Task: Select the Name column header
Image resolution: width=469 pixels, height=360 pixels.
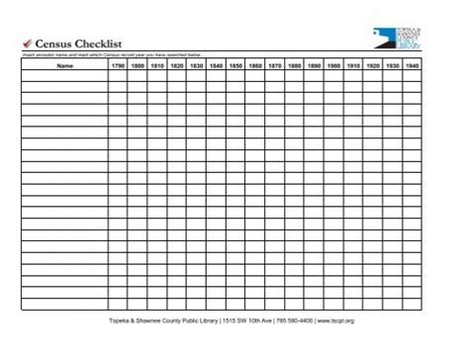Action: pyautogui.click(x=64, y=66)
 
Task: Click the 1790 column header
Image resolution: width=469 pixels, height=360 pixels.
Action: pyautogui.click(x=118, y=66)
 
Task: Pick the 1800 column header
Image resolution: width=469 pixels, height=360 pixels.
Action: pyautogui.click(x=138, y=66)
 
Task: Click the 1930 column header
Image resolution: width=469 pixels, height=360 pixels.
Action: pyautogui.click(x=393, y=66)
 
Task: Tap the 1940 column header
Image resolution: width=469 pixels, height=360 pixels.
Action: pyautogui.click(x=413, y=66)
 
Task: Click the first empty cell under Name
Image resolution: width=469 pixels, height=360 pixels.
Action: pyautogui.click(x=64, y=77)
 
